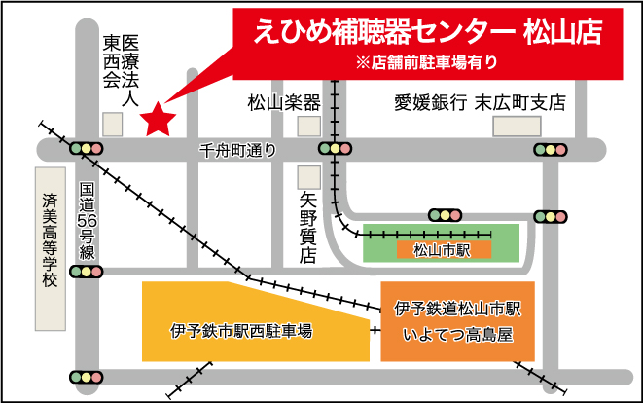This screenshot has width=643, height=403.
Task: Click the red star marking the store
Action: click(x=158, y=121)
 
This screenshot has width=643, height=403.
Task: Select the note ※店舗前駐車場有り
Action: click(x=427, y=63)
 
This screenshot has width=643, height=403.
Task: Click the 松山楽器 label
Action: click(x=284, y=102)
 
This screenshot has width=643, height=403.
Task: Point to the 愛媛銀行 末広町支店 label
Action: click(x=479, y=102)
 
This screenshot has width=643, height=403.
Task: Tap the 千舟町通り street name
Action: click(x=237, y=150)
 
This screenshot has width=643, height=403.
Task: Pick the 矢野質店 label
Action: click(x=308, y=228)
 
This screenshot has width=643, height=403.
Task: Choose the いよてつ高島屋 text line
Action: click(x=457, y=335)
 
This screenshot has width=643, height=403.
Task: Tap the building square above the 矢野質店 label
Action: click(x=308, y=176)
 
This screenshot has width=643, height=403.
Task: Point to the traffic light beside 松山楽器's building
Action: click(x=334, y=149)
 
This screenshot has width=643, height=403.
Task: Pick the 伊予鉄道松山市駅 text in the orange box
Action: click(x=458, y=309)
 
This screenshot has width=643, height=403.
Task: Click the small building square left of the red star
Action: click(x=113, y=124)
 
